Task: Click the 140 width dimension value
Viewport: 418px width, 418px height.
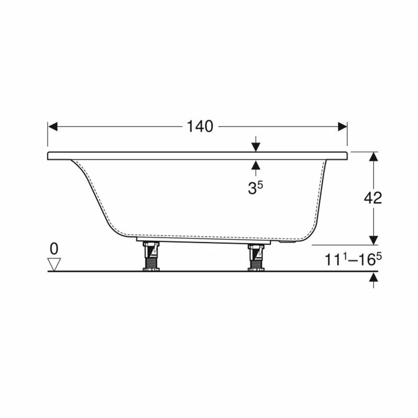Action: [x=200, y=126]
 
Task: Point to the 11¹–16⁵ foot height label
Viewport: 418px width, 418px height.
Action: [x=350, y=260]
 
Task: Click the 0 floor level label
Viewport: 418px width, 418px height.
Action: [x=54, y=248]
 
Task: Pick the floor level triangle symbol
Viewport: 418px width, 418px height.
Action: [x=54, y=263]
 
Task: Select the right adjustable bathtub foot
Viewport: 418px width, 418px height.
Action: [x=256, y=258]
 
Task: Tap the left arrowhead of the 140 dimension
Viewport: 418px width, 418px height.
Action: [x=52, y=126]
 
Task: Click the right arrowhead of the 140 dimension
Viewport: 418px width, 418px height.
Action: [x=343, y=126]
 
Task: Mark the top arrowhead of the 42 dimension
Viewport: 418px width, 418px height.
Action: [x=373, y=156]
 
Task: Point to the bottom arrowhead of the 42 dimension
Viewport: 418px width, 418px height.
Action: [x=373, y=240]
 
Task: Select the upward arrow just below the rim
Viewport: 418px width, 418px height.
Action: [x=256, y=166]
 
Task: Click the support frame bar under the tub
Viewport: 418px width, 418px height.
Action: [x=204, y=241]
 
